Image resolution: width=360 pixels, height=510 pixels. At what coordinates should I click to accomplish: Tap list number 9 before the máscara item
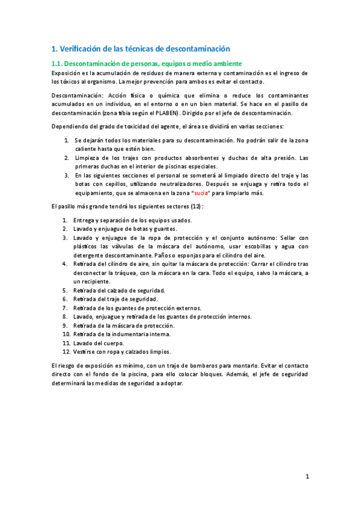click(x=65, y=325)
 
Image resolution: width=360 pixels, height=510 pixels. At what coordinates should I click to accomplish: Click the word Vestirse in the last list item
click(x=85, y=352)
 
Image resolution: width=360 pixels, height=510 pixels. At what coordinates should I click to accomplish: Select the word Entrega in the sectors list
click(x=85, y=220)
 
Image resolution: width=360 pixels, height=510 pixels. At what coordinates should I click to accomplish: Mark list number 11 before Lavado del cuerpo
click(x=66, y=343)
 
